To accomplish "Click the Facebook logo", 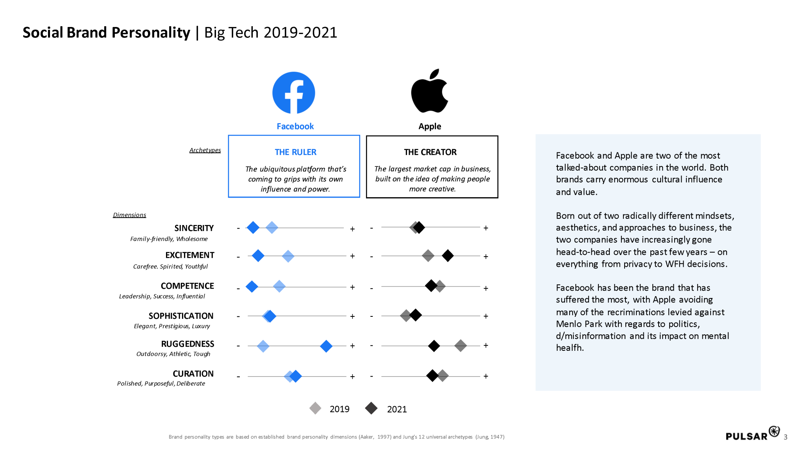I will (294, 93).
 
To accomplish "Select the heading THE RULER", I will (295, 152).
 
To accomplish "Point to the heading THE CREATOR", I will (430, 152).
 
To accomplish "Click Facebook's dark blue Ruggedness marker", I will (326, 346).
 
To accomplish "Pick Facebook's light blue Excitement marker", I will (288, 256).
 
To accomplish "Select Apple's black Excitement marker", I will (448, 256).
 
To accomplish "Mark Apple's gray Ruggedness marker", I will (461, 345).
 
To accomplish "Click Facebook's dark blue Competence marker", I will (252, 287).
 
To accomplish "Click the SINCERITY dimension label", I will (194, 228).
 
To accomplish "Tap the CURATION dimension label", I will (193, 374).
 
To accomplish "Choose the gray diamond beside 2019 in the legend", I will (315, 409).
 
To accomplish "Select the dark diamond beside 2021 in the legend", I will (371, 409).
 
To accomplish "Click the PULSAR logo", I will (752, 434).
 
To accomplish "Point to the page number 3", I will (786, 437).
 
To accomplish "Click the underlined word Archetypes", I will (205, 150).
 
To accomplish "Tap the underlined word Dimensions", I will (129, 215).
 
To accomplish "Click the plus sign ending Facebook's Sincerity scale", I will (352, 229).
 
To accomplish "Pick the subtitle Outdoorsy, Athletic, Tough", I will (173, 354).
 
